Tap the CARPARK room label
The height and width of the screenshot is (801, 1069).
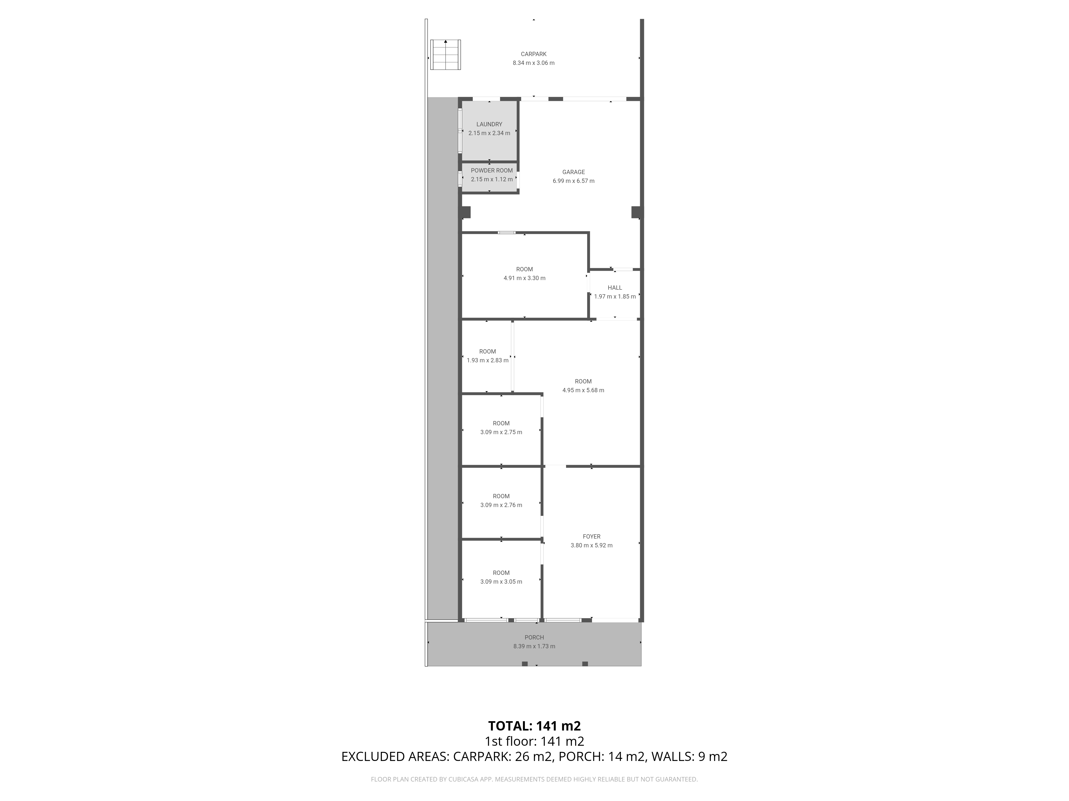533,54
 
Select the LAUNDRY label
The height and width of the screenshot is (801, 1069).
489,124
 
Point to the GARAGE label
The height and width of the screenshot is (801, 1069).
574,172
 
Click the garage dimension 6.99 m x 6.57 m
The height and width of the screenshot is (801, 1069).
574,181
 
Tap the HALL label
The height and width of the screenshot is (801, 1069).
615,288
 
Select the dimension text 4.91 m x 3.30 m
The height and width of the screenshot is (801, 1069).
524,278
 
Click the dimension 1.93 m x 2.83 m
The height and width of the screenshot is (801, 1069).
488,360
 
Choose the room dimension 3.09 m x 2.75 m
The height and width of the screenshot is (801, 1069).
501,432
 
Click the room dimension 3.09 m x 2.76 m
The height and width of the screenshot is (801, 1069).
501,505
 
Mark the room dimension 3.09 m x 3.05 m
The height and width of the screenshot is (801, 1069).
501,582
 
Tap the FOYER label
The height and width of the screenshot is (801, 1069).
591,536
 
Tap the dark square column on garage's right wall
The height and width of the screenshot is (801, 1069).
637,212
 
